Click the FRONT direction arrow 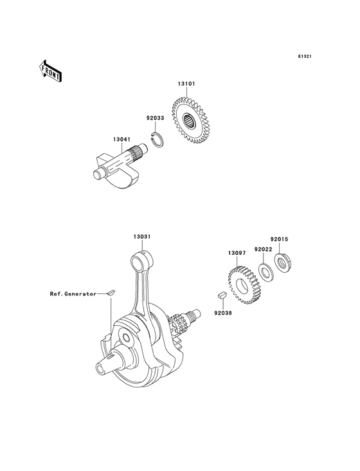50,71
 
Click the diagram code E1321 305,56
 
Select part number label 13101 186,84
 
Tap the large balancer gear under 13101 190,120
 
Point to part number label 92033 155,118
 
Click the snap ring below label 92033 157,140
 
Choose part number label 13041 122,140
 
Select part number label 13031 142,237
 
